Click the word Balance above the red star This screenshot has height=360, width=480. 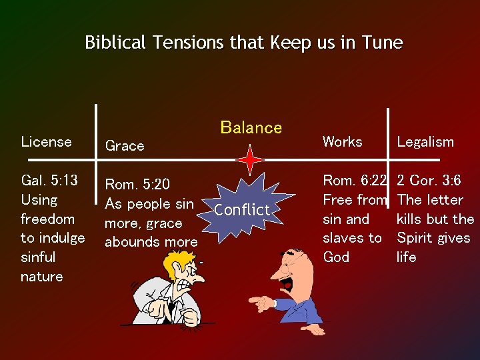[251, 127]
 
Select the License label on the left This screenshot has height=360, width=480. [46, 141]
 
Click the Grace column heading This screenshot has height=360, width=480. [125, 146]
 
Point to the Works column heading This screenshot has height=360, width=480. [342, 141]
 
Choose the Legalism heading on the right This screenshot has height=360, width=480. [425, 141]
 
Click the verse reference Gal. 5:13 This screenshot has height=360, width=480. [49, 181]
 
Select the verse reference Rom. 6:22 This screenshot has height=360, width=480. [354, 181]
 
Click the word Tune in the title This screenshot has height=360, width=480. [382, 43]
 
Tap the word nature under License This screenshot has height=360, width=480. [42, 276]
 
